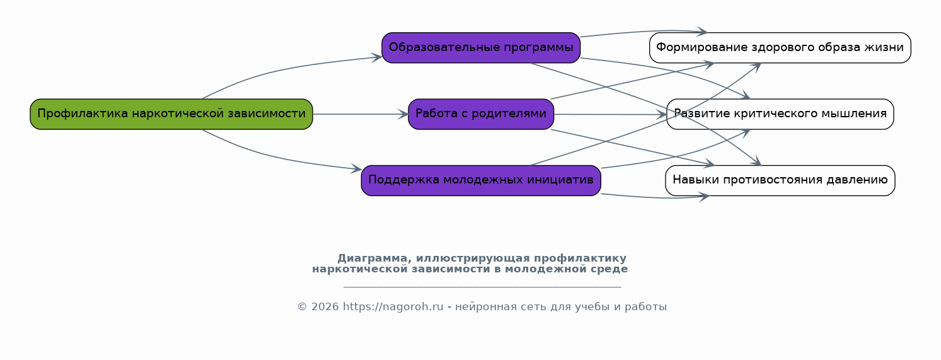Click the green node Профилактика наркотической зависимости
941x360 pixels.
click(x=171, y=114)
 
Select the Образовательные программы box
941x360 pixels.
click(x=481, y=48)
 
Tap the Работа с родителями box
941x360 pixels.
click(x=481, y=114)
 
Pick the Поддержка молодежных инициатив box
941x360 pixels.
click(x=481, y=180)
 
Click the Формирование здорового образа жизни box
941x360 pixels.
click(x=780, y=48)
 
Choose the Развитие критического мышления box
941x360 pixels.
click(x=780, y=114)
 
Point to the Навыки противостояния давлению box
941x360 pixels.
click(x=780, y=180)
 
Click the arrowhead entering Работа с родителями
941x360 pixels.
click(x=403, y=114)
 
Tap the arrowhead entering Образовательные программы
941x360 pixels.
click(x=376, y=57)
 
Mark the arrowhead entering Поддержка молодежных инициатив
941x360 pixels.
click(x=356, y=169)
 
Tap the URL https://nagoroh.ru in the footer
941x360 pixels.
click(x=393, y=307)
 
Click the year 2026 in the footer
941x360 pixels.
click(x=325, y=307)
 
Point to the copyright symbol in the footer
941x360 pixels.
click(x=302, y=307)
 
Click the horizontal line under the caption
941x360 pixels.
click(x=482, y=287)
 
